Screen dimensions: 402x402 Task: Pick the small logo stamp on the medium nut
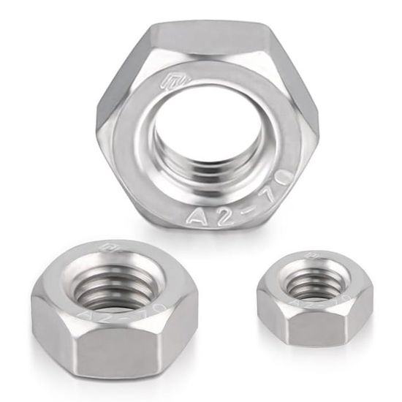click(x=112, y=252)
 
